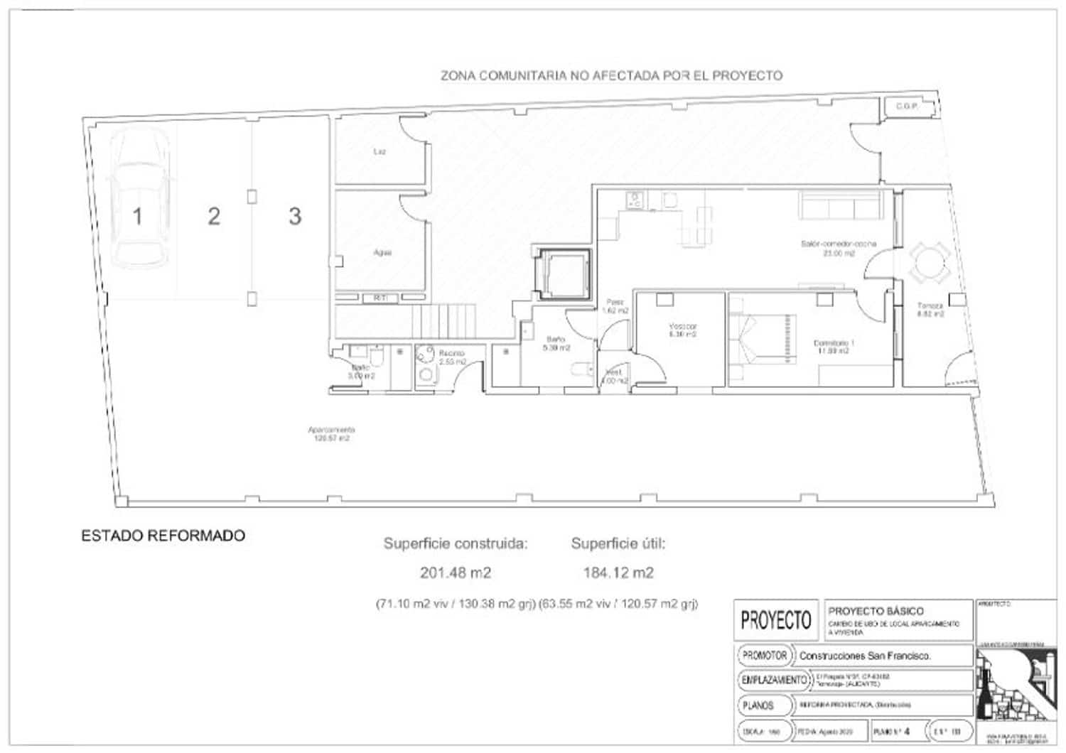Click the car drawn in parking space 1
tap(139, 201)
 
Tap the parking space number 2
tap(214, 217)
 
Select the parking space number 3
tap(295, 216)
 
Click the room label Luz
tap(380, 151)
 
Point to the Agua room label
tap(382, 252)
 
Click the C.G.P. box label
tap(907, 107)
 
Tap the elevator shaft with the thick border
tap(564, 274)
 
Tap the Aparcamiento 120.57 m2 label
tap(331, 434)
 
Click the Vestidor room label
tap(682, 330)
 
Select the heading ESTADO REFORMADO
tap(163, 536)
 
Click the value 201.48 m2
tap(456, 573)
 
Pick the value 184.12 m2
tap(618, 573)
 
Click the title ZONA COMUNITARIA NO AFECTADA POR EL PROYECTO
tap(611, 75)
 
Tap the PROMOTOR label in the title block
tap(765, 655)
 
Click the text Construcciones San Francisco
tap(865, 656)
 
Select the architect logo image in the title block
tap(1015, 686)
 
